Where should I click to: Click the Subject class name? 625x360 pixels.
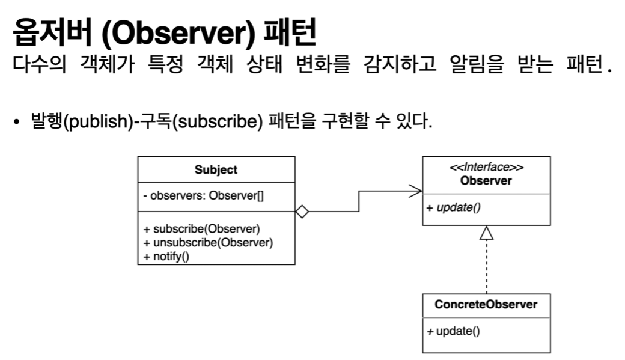point(216,169)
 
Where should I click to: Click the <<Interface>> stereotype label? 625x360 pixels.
point(486,168)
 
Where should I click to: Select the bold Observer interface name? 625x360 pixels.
point(486,180)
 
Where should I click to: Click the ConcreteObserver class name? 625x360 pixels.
point(486,304)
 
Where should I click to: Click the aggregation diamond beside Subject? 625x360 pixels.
point(301,212)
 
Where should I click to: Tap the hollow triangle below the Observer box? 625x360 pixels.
point(486,233)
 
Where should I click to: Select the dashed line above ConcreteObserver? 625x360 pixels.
point(486,267)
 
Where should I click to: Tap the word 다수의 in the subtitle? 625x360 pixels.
point(37,64)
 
